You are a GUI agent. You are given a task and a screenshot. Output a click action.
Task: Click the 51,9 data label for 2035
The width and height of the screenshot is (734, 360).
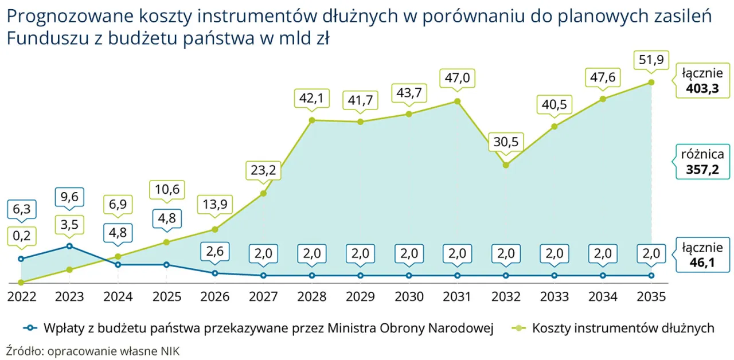tap(651, 60)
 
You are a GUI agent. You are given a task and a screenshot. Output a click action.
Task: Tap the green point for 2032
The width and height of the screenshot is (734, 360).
tap(505, 165)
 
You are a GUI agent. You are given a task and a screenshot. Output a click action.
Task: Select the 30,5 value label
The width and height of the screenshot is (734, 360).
tap(505, 142)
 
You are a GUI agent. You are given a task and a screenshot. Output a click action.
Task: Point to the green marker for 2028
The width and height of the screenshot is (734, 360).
tap(311, 120)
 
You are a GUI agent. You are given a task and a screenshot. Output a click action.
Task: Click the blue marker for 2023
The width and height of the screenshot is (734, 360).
tap(69, 246)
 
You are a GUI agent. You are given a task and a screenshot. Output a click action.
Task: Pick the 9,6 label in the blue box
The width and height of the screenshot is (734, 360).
tap(69, 198)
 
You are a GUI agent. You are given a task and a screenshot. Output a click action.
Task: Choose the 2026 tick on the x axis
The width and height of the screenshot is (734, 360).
tap(214, 296)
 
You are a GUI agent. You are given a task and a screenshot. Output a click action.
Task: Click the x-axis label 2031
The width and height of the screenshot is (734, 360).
tap(457, 296)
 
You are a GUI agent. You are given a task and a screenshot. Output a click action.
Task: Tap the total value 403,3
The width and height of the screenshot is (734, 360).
tap(702, 89)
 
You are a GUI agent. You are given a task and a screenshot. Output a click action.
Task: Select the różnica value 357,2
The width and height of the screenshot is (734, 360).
tap(702, 170)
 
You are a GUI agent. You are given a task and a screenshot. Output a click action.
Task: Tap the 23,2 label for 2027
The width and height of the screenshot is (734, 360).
tap(263, 170)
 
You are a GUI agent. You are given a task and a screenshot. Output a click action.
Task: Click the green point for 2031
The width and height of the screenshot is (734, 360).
tap(457, 101)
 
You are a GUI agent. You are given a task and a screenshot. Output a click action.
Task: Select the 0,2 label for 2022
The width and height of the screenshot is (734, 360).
tap(21, 235)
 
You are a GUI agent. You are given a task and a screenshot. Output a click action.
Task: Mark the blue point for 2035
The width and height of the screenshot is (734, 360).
tap(651, 276)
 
